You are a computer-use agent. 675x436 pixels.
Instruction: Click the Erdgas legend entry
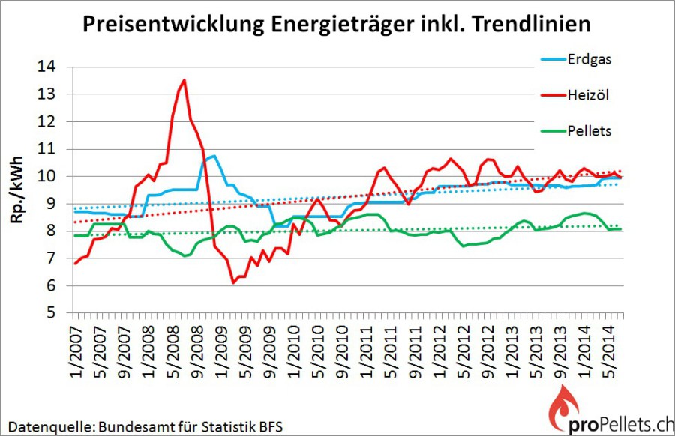tap(576, 59)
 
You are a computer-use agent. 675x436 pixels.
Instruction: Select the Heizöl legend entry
tap(575, 95)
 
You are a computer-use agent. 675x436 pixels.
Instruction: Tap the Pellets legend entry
tap(576, 130)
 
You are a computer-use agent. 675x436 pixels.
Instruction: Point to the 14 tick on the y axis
tap(46, 66)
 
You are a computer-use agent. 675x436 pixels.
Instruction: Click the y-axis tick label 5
tap(51, 312)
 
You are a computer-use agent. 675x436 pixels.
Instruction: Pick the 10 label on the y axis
tap(46, 176)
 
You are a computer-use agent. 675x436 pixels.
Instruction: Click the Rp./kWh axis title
tap(16, 190)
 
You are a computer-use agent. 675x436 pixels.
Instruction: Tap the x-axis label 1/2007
tap(76, 352)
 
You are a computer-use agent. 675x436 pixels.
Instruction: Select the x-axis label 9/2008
tap(197, 352)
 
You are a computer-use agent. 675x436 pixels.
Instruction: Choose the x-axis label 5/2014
tap(609, 352)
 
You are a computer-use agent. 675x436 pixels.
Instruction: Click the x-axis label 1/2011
tap(367, 352)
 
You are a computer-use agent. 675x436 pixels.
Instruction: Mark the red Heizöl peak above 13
tap(184, 80)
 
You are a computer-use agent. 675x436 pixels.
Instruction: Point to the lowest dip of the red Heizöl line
tap(233, 282)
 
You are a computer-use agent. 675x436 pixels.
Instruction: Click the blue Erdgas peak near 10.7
tap(214, 156)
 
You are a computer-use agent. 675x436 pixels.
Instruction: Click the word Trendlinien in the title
tap(532, 24)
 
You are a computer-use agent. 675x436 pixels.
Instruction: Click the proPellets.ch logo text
tap(621, 425)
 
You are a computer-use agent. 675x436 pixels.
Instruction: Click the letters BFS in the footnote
tap(271, 426)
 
